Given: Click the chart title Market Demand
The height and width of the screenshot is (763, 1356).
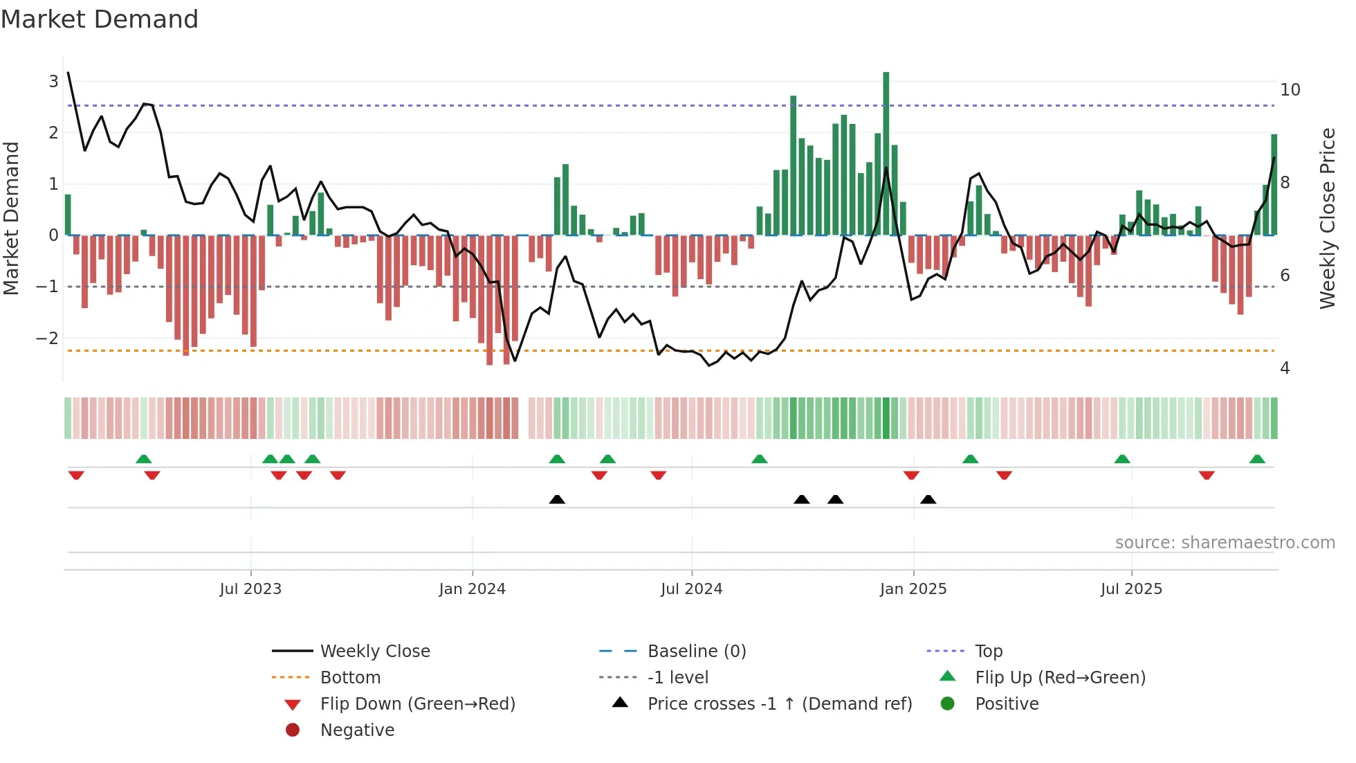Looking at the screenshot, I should click(100, 19).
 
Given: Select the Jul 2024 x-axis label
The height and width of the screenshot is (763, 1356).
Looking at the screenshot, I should click(691, 589).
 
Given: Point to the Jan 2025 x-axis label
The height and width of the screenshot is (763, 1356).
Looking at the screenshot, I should click(913, 589).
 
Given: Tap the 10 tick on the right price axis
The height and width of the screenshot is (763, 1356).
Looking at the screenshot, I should click(1290, 90).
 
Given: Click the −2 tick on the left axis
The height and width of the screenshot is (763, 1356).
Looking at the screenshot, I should click(47, 338).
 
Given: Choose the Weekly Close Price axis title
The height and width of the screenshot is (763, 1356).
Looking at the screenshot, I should click(1327, 218).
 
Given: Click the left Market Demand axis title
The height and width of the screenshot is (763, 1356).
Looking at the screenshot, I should click(12, 218).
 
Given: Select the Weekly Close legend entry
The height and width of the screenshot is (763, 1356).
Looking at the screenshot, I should click(374, 652).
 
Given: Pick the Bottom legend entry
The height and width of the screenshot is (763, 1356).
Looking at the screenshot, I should click(350, 678).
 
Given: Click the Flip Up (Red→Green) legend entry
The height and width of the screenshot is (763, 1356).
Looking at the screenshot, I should click(1060, 678).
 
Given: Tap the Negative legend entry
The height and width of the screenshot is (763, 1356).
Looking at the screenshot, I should click(357, 730).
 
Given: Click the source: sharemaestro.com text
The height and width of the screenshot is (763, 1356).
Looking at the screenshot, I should click(1225, 543).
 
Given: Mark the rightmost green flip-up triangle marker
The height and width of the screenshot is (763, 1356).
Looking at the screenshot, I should click(1257, 459).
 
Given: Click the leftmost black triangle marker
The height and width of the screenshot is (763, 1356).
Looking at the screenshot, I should click(557, 499).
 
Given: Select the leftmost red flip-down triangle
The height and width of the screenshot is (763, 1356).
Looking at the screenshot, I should click(76, 475).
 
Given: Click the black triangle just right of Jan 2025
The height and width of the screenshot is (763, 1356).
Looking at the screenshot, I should click(928, 499).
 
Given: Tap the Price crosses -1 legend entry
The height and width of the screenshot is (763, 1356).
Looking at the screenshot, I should click(779, 704).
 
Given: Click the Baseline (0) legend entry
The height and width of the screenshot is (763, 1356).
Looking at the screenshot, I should click(696, 652).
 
